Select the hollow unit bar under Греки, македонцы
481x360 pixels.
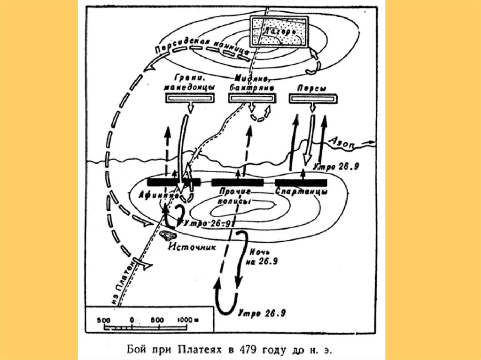pyautogui.click(x=190, y=98)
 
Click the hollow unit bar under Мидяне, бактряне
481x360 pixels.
pyautogui.click(x=252, y=98)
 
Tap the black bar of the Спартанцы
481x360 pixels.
pyautogui.click(x=301, y=182)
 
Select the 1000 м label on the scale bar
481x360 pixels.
pyautogui.click(x=187, y=320)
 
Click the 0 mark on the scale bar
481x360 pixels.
pyautogui.click(x=132, y=320)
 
